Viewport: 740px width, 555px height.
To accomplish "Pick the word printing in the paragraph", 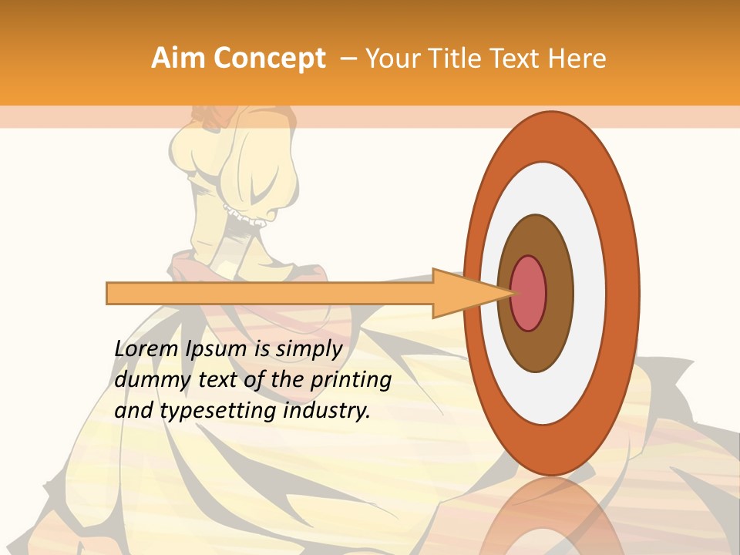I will point(350,380).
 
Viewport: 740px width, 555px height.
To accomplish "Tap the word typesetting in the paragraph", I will point(219,411).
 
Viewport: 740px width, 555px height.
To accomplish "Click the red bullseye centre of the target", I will point(528,293).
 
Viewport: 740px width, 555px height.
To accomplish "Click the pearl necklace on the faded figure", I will point(244,216).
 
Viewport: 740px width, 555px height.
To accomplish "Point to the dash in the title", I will point(348,59).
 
